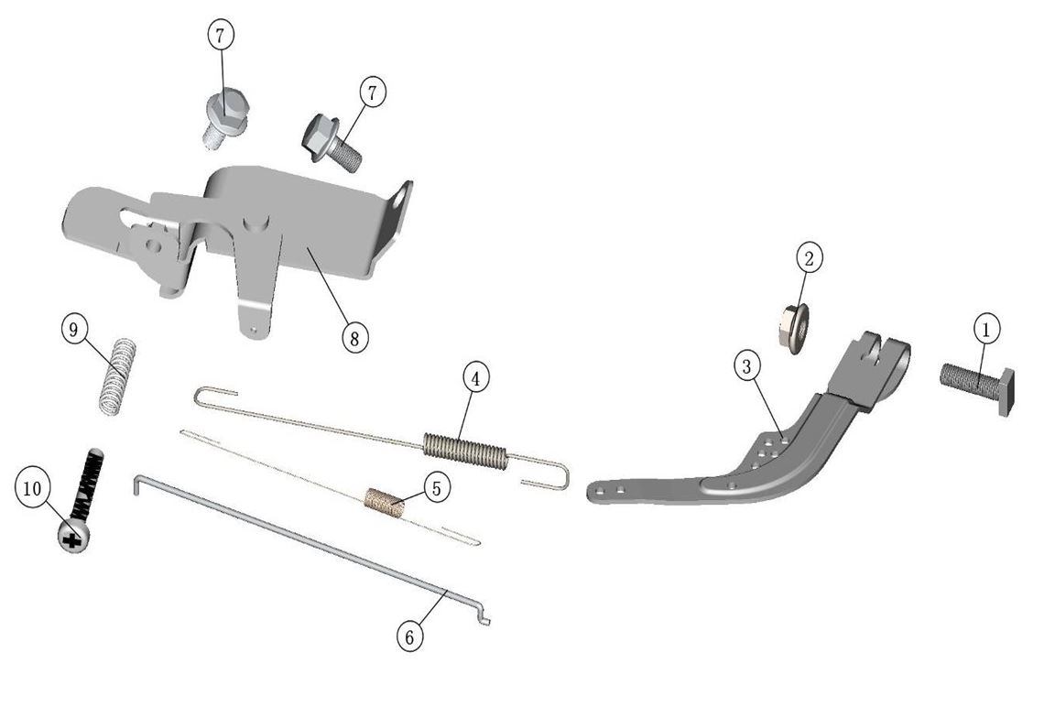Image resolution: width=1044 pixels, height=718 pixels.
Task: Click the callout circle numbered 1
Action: point(986,330)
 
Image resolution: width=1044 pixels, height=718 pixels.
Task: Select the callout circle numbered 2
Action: point(809,257)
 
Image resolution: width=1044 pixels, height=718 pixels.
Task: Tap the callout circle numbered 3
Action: point(746,365)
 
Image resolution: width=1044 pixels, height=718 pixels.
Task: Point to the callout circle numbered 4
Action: point(475,378)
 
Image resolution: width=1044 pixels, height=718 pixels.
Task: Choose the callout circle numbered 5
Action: point(436,487)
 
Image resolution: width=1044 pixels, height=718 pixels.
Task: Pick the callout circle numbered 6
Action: point(409,636)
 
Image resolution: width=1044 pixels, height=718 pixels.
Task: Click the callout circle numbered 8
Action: point(354,338)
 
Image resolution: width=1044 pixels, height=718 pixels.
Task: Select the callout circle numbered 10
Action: point(32,488)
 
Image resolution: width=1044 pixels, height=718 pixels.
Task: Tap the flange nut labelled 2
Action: point(794,329)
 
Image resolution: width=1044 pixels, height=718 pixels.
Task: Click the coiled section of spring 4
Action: point(465,448)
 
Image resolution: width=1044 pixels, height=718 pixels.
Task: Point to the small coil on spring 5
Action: point(385,502)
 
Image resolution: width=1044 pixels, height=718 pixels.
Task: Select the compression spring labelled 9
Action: point(118,376)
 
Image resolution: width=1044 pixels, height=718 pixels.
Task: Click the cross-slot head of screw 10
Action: point(73,536)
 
